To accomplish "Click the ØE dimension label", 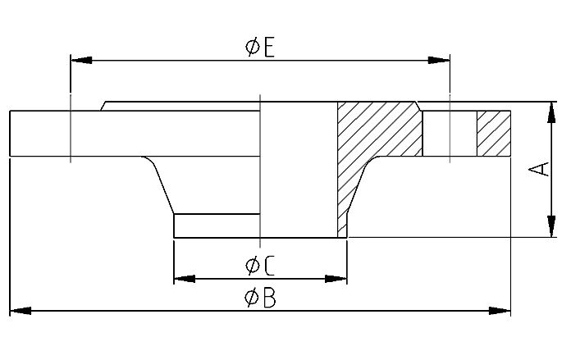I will [x=259, y=47].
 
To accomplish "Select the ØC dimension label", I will [x=259, y=265].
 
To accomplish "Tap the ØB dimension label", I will [x=259, y=298].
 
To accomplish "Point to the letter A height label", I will [x=538, y=169].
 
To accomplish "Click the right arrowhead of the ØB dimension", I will [x=500, y=311].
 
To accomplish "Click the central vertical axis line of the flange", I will [x=259, y=164].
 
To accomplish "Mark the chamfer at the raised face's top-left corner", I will [x=103, y=106].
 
